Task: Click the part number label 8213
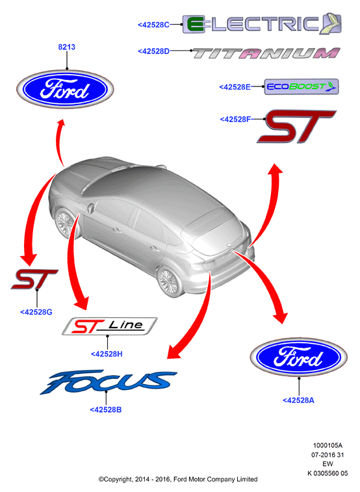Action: (66, 47)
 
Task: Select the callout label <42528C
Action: (153, 25)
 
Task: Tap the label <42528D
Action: (153, 51)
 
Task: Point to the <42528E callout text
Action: (235, 87)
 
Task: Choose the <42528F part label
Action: (235, 119)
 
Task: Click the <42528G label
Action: (36, 312)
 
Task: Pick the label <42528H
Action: (107, 354)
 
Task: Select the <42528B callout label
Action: (106, 409)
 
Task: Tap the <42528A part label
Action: (298, 400)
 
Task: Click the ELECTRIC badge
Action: (262, 24)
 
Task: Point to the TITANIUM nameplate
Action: (266, 53)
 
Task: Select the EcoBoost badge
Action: (302, 86)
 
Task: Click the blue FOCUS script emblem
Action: (108, 382)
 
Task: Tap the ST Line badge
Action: (109, 326)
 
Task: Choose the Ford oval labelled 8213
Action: (65, 90)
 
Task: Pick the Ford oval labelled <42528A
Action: (298, 357)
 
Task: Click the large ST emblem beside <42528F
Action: (297, 126)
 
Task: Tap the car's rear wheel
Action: (169, 280)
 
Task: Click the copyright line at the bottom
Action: (178, 479)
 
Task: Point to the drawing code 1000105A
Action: (328, 445)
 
